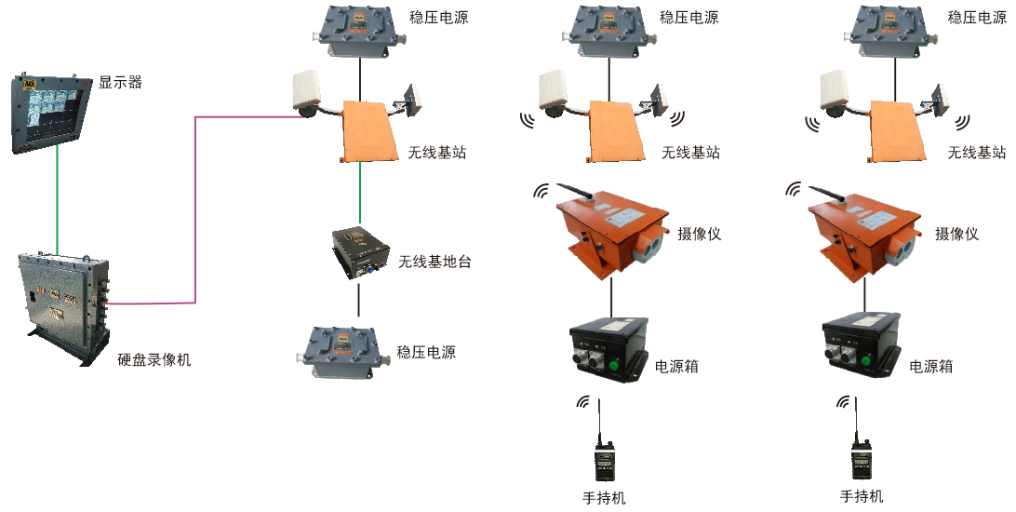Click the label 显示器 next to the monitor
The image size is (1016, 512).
point(121,82)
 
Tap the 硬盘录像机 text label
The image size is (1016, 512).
point(154,359)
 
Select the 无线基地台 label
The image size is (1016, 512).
point(434,262)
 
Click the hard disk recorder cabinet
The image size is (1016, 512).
point(65,303)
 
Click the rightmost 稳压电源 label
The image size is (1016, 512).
point(977,17)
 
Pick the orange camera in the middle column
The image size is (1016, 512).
point(611,229)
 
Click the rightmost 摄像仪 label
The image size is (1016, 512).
point(957,234)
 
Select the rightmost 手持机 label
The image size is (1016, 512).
point(862,496)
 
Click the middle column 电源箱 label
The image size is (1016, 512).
point(677,366)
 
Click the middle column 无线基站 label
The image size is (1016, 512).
point(690,152)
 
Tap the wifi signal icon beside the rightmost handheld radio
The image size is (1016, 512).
point(843,403)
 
